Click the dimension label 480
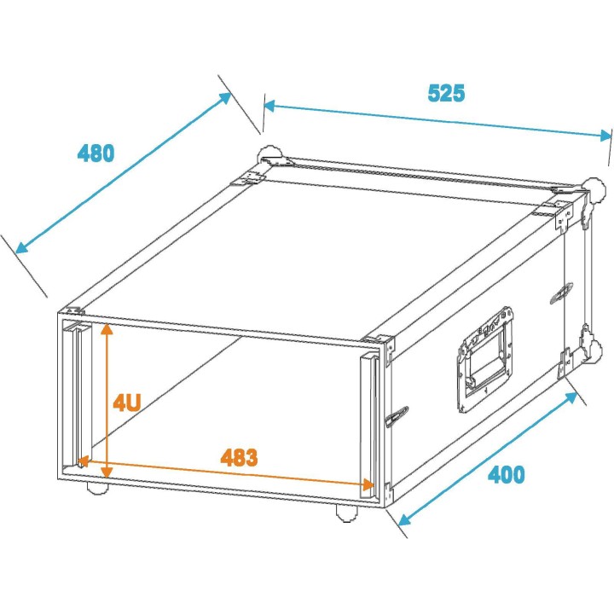[x=96, y=153]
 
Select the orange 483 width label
[x=239, y=457]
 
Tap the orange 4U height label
[x=128, y=403]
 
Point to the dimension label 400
[x=506, y=474]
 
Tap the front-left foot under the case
[x=97, y=489]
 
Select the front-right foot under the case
[x=345, y=512]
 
